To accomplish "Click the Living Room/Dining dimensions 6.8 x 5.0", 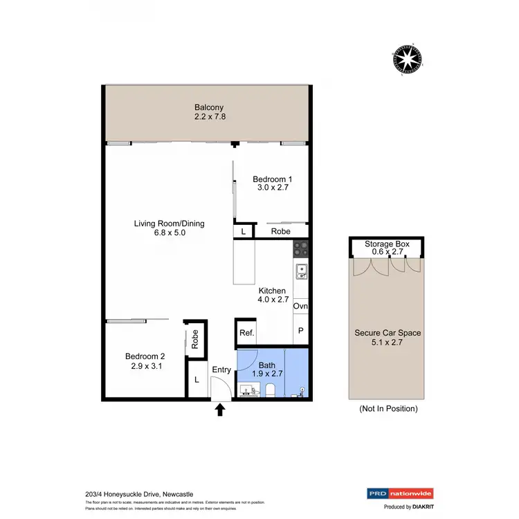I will click(x=170, y=233).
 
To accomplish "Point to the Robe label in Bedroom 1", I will click(x=280, y=231).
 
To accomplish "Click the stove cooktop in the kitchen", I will click(x=301, y=248).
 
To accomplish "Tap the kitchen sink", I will click(x=301, y=270).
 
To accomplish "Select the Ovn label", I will click(x=300, y=306).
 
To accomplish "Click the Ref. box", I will click(x=246, y=333).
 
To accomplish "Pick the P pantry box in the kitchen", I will click(x=300, y=331).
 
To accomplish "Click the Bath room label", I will click(x=267, y=365).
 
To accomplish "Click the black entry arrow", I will click(x=220, y=410).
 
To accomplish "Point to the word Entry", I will click(x=221, y=370).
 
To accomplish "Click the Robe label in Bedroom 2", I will click(x=196, y=338).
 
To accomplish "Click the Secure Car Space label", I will click(x=388, y=333).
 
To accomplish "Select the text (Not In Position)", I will click(x=388, y=409).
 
